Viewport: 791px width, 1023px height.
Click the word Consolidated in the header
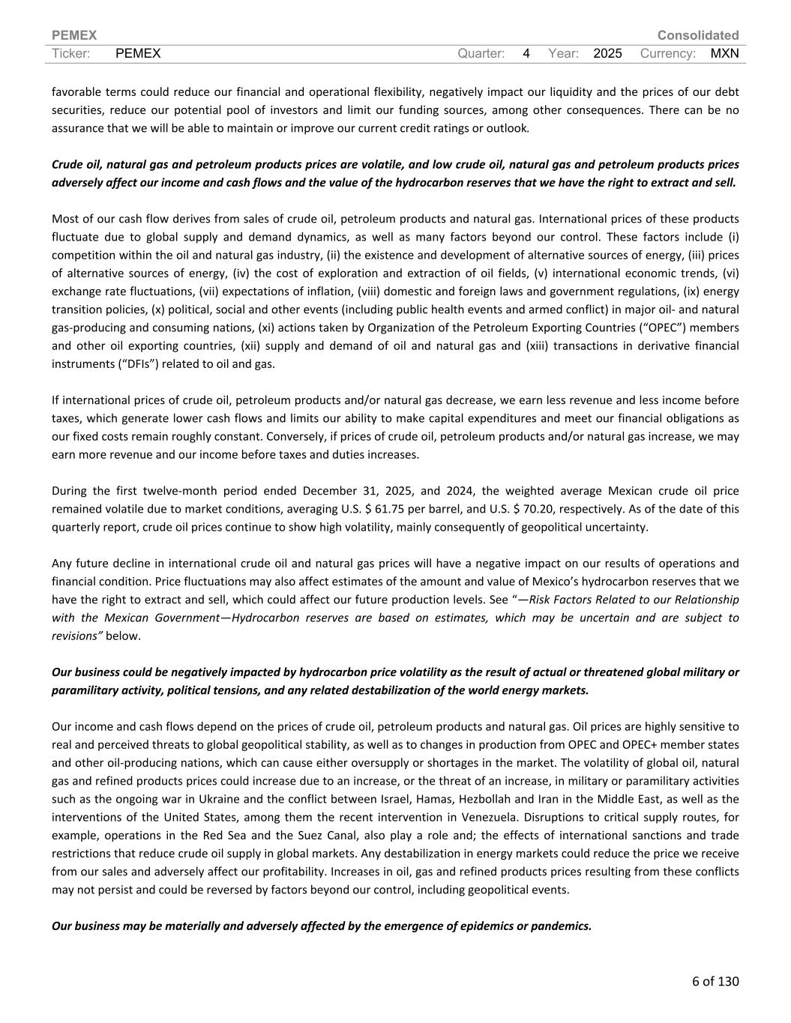(x=697, y=35)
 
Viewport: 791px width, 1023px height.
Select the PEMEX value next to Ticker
(x=139, y=53)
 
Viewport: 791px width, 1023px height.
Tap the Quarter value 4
(x=526, y=53)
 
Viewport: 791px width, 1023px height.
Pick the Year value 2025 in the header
(x=607, y=53)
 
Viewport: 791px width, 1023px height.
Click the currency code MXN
(x=724, y=53)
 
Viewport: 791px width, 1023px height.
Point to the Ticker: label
(x=71, y=53)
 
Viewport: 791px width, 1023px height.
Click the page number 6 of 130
(x=715, y=981)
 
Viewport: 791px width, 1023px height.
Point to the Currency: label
(x=668, y=53)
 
